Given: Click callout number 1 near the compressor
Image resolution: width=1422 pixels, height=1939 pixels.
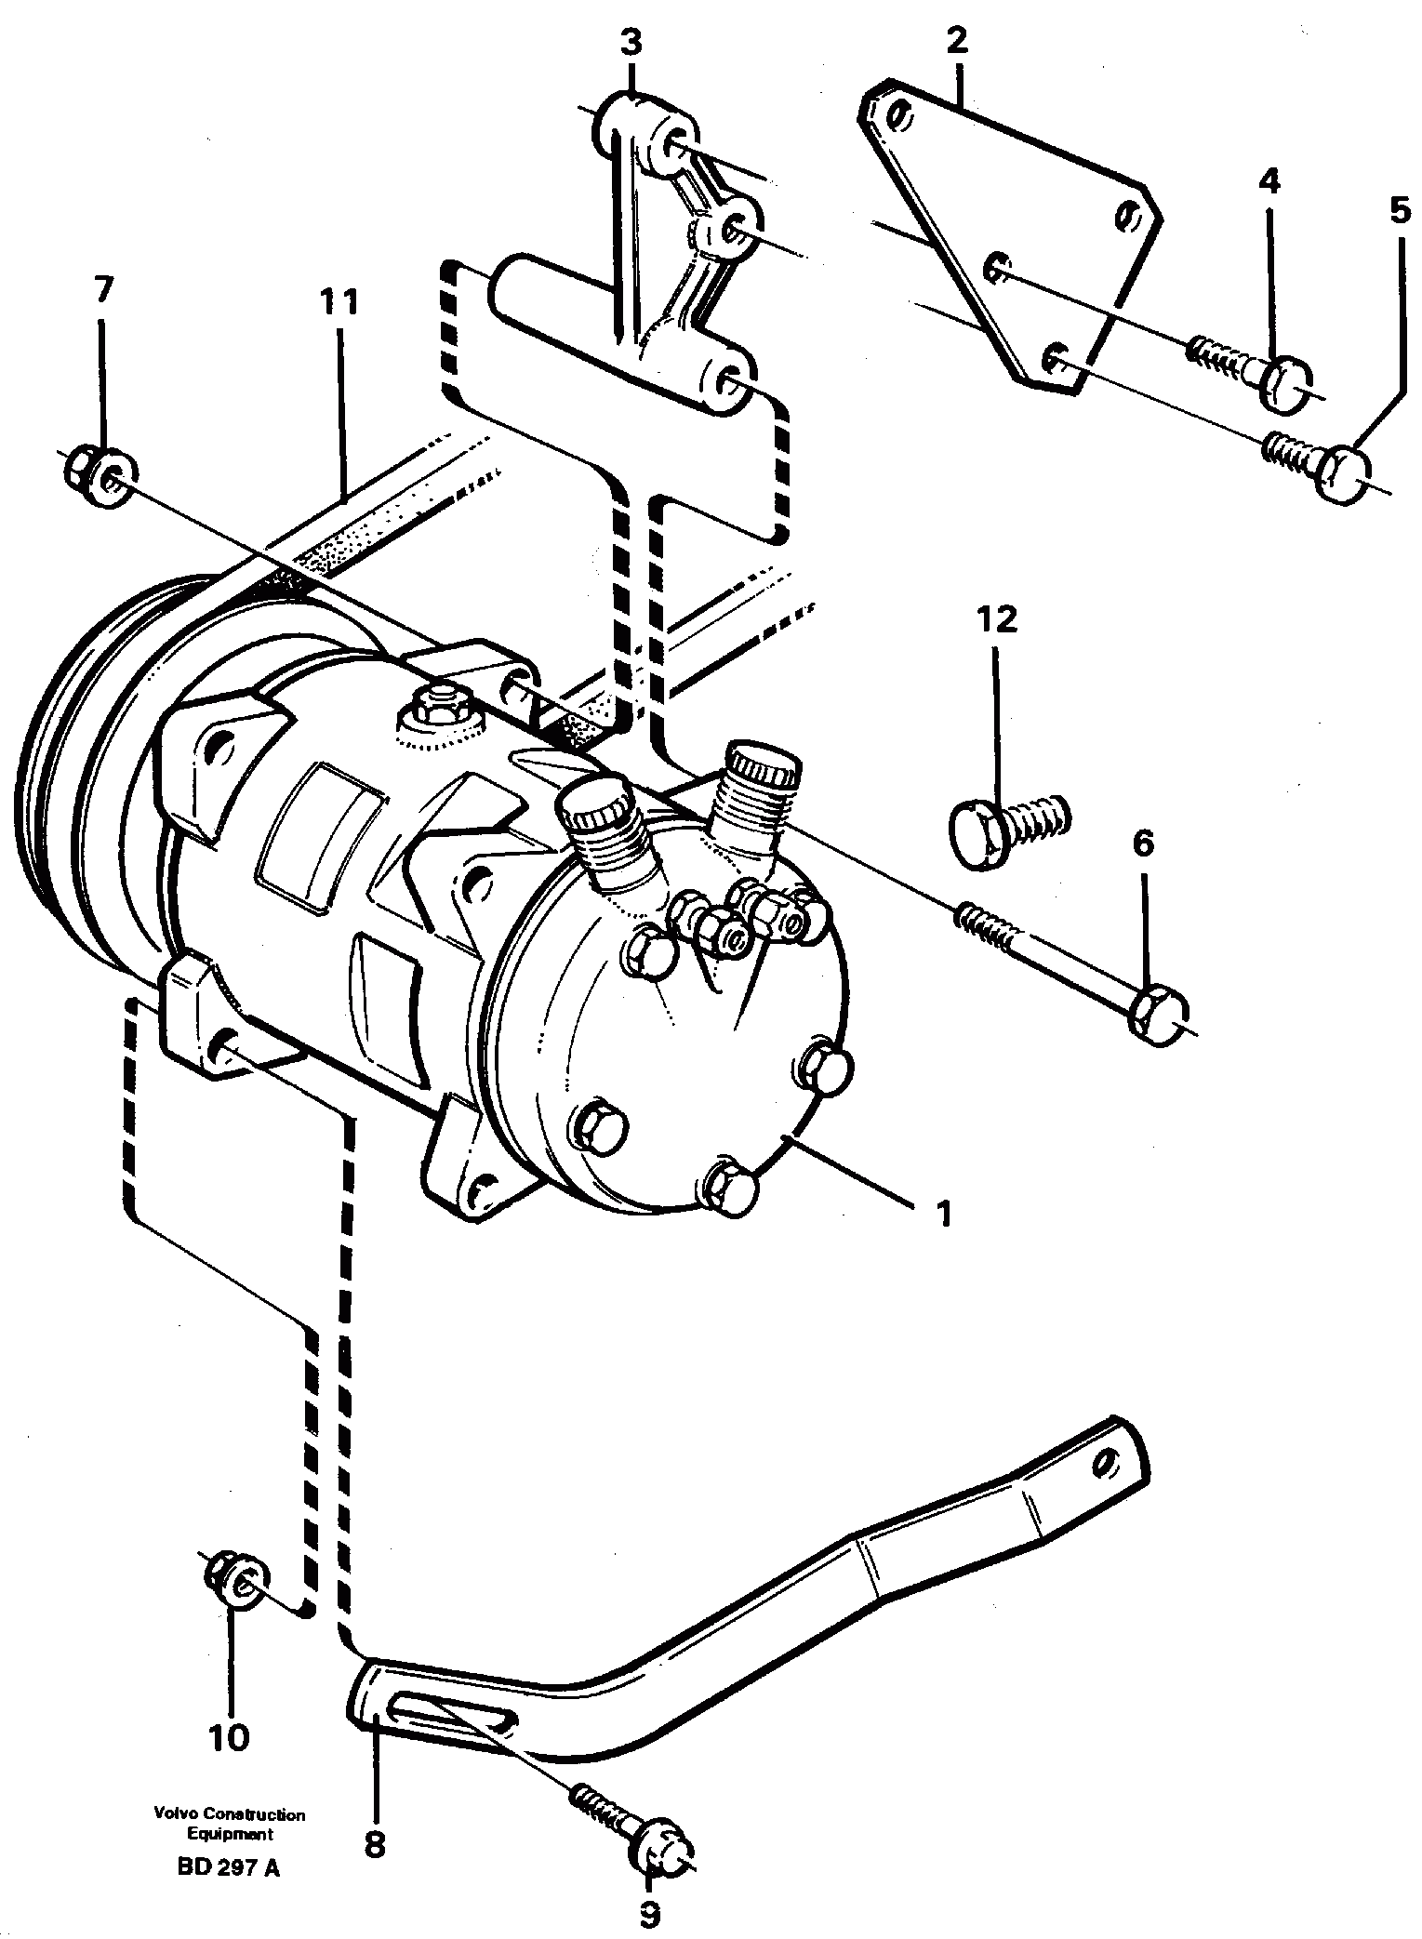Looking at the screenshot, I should [x=943, y=1213].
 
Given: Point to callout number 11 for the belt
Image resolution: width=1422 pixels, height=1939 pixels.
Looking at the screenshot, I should [x=339, y=302].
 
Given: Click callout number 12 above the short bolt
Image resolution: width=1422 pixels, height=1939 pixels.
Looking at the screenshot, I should [x=996, y=619].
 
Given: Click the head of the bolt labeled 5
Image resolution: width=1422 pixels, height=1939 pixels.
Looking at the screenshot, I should [x=1346, y=476].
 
